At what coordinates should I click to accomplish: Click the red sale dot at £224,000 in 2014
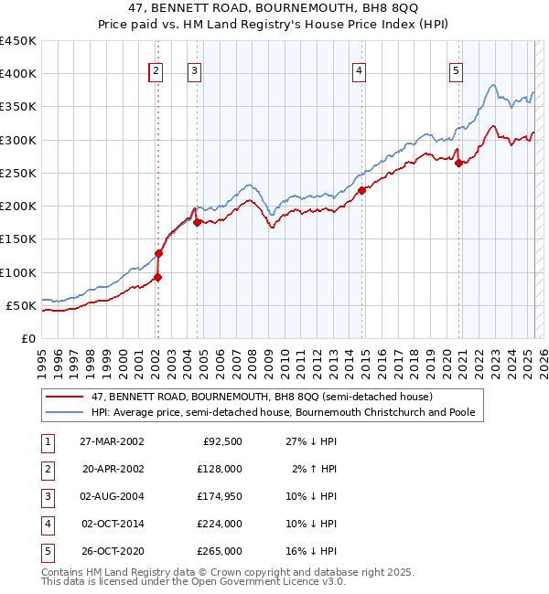(361, 190)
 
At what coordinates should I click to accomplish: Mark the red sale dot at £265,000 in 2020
(459, 164)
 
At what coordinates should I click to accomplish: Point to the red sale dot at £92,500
(157, 277)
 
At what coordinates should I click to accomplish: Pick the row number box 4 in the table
(47, 524)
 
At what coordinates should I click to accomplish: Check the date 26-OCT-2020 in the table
(113, 551)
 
